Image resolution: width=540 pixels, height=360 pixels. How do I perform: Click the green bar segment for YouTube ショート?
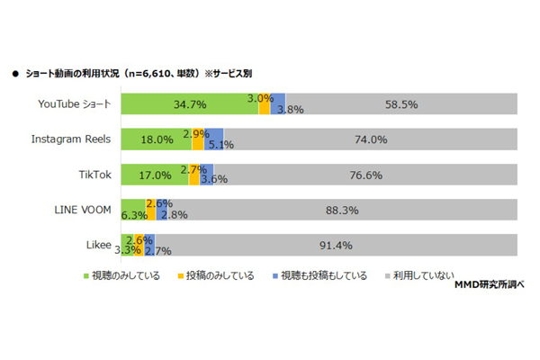coord(189,103)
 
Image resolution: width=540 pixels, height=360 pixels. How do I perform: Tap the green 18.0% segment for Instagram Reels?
coord(157,139)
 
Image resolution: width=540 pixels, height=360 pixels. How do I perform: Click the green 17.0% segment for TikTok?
coord(155,174)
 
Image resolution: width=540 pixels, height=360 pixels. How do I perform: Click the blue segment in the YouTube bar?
coord(278,103)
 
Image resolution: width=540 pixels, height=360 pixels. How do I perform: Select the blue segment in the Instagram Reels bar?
coord(210,139)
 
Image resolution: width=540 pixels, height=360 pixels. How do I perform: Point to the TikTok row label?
coord(94,175)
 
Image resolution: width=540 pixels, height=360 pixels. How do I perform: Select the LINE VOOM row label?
coord(82,210)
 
